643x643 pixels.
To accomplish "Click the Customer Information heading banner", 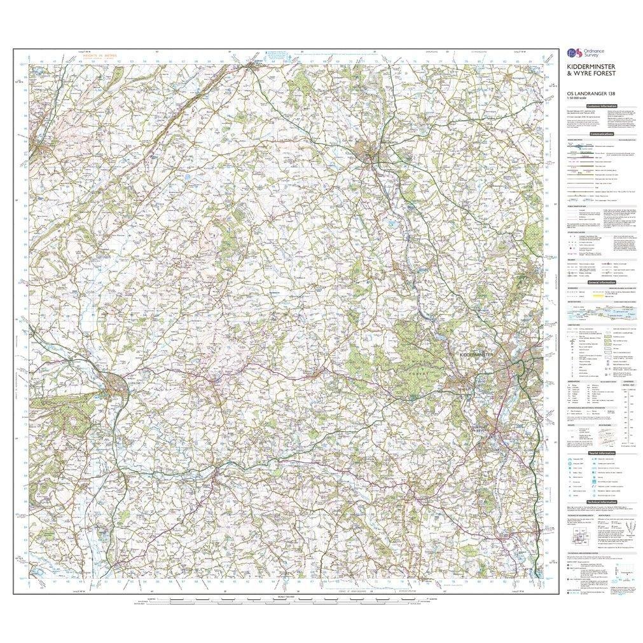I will [602, 106].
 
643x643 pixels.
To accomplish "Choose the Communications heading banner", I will [602, 134].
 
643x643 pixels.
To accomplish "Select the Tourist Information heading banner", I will [602, 453].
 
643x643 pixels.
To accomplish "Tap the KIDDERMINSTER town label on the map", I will [471, 355].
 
